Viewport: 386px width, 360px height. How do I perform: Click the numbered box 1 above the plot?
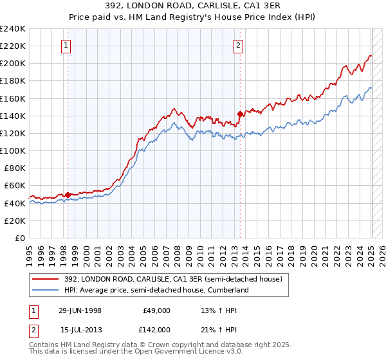tap(68, 45)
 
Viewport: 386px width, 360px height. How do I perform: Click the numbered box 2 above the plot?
tap(239, 45)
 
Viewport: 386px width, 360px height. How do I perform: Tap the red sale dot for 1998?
tap(68, 194)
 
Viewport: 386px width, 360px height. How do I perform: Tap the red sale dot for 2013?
tap(239, 114)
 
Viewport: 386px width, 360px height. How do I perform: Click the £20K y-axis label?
tap(15, 221)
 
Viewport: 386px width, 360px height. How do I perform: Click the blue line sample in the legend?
tap(44, 290)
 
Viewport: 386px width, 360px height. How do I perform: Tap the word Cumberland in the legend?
tap(229, 290)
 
